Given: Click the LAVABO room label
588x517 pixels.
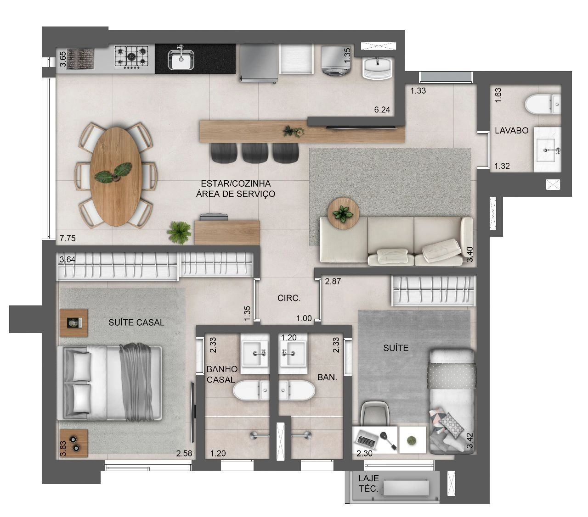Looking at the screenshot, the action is (x=512, y=130).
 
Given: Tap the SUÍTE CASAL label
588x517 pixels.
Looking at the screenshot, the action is (x=136, y=322).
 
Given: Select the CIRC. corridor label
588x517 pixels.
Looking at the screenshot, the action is (x=289, y=298).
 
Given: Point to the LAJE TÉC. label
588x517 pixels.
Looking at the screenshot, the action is (x=368, y=484).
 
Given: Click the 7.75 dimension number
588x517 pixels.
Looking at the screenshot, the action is (x=68, y=238).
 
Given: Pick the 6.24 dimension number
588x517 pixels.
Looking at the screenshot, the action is (x=382, y=110).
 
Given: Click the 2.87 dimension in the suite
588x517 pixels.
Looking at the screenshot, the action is (x=333, y=281).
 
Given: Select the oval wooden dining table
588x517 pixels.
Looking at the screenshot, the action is (x=116, y=177).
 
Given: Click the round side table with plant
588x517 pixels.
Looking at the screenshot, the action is (x=343, y=214).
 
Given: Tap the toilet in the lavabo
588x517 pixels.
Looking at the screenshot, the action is (x=543, y=104).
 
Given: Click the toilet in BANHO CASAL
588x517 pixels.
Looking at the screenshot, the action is (x=251, y=390).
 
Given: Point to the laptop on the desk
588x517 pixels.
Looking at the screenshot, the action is (x=367, y=438).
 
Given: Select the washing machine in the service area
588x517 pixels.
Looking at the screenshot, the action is (x=336, y=61).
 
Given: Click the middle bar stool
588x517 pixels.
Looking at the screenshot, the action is (x=255, y=153).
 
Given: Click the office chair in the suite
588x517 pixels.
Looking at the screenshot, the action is (x=375, y=413).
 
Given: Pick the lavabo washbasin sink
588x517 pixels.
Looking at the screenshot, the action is (x=547, y=150).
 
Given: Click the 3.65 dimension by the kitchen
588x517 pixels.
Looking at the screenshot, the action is (x=63, y=59).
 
